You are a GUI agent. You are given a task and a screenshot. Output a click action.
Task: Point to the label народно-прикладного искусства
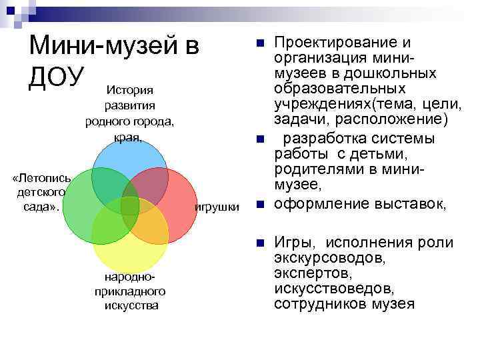[x=131, y=291]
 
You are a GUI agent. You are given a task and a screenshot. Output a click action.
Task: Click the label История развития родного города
[x=130, y=113]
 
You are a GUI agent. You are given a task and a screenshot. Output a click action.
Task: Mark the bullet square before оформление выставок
[x=260, y=204]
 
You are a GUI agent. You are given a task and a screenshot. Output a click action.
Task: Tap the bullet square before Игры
[x=260, y=243]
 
